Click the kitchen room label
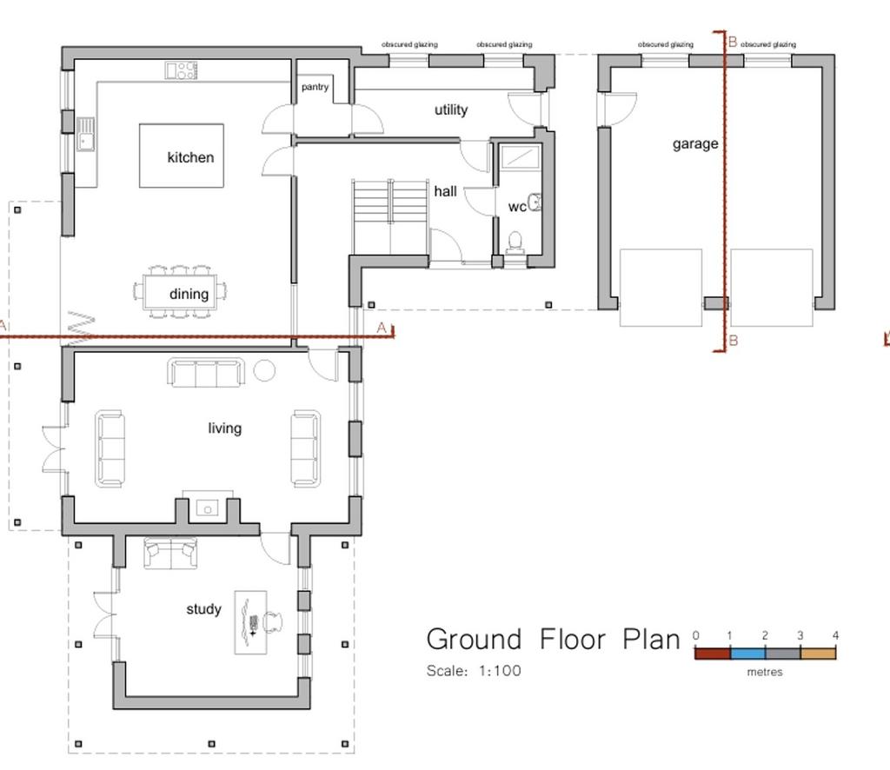click(x=190, y=157)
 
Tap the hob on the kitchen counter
click(x=181, y=70)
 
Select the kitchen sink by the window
click(x=86, y=134)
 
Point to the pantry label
click(x=315, y=87)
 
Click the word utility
click(x=451, y=110)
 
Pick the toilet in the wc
click(x=515, y=241)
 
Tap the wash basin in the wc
click(x=535, y=202)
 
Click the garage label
click(x=695, y=144)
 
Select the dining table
click(x=180, y=292)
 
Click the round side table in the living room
click(x=264, y=370)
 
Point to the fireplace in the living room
click(x=207, y=508)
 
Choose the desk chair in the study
click(x=274, y=622)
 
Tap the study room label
click(x=203, y=609)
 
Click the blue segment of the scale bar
click(x=747, y=654)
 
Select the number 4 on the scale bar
click(x=835, y=635)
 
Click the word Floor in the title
click(x=572, y=640)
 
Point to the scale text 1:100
click(x=500, y=671)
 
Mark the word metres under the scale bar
click(x=765, y=672)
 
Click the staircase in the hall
click(x=390, y=218)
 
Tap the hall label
click(x=446, y=191)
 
